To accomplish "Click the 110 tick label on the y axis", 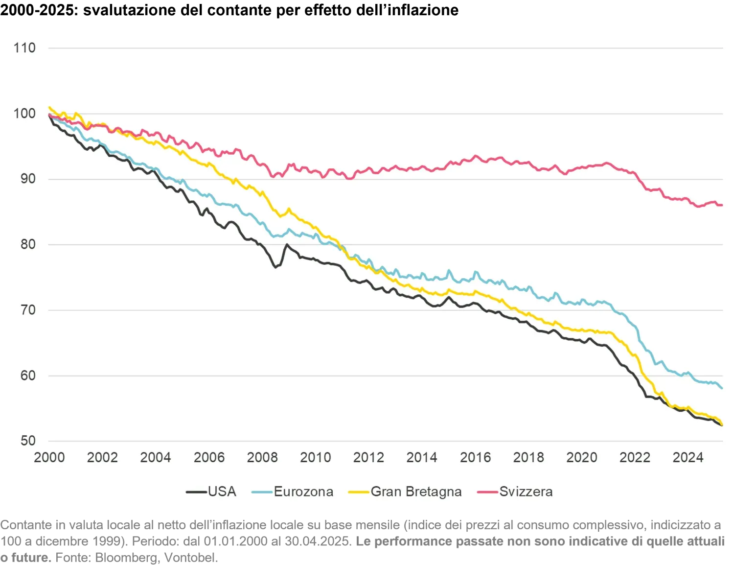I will click(x=24, y=48).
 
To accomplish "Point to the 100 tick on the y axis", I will click(x=24, y=114).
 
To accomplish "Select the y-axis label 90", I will click(x=27, y=179).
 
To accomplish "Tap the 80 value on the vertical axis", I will click(x=27, y=244).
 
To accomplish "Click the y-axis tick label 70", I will click(x=27, y=310).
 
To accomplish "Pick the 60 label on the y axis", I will click(x=27, y=376).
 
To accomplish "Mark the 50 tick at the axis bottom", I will click(x=27, y=441).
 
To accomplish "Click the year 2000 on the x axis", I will click(x=49, y=457).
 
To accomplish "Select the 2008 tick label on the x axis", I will click(x=262, y=457).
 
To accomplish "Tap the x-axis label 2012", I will click(x=368, y=457).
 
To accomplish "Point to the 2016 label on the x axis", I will click(x=475, y=457).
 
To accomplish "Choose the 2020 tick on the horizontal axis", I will click(x=582, y=457).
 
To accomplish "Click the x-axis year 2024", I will click(x=688, y=457).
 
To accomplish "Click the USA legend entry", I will click(x=222, y=492).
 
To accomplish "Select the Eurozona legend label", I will click(x=303, y=492).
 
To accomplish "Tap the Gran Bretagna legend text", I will click(x=416, y=492).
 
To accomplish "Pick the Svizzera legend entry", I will click(x=526, y=492).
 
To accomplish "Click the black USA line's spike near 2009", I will click(x=287, y=244).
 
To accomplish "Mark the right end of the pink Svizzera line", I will click(x=722, y=205).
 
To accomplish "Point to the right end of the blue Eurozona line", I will click(x=722, y=388).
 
